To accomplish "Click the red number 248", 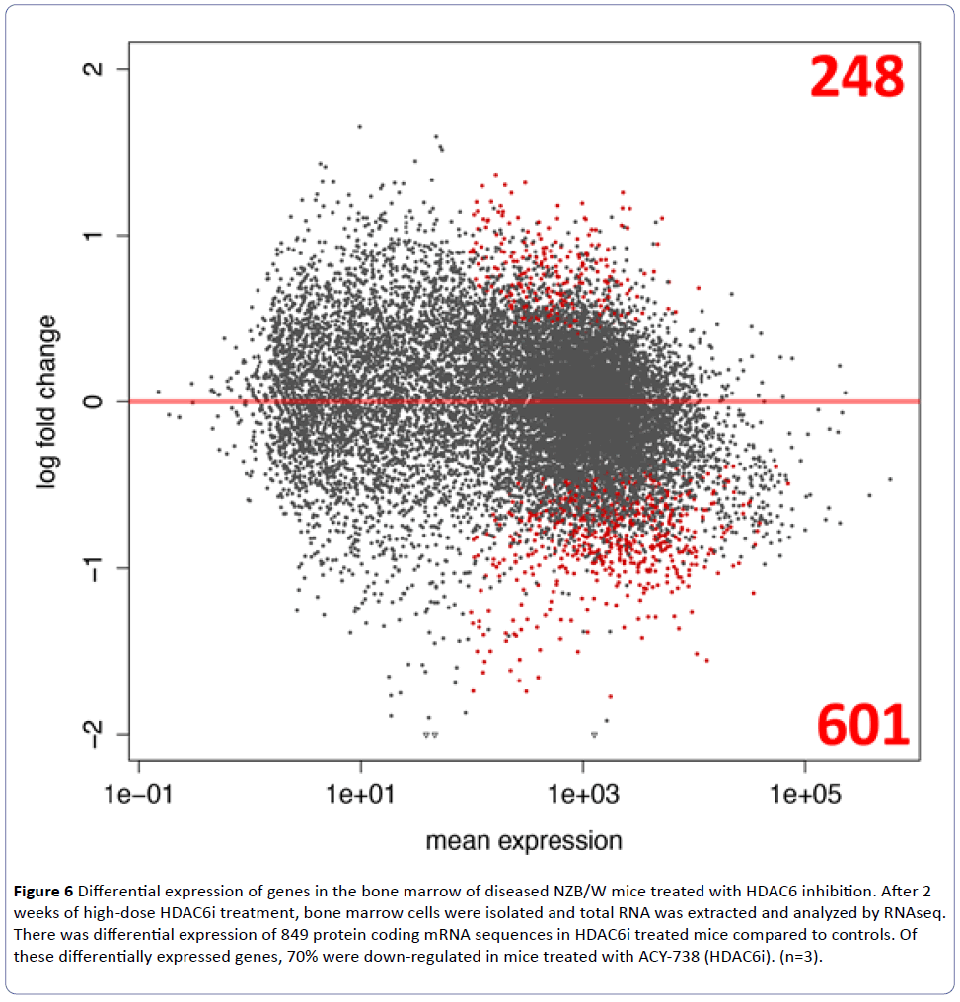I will [857, 77].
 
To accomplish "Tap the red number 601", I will [862, 726].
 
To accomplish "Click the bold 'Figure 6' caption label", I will [42, 893].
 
